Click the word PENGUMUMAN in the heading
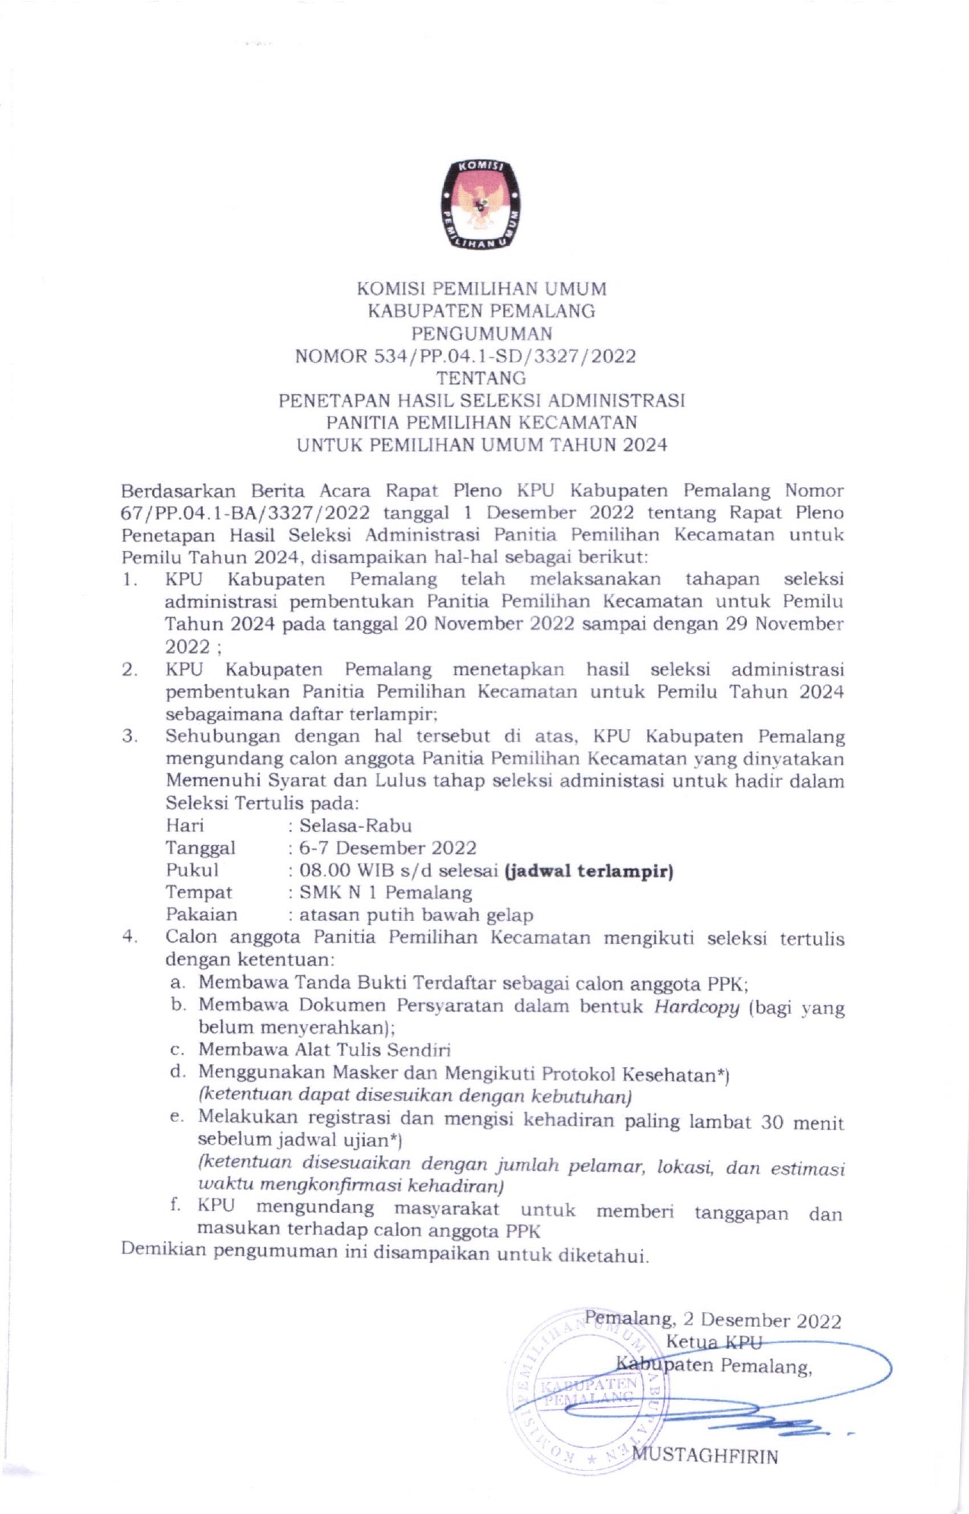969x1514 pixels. pos(482,333)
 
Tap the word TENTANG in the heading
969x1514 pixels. pos(480,378)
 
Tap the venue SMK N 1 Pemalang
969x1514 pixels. pos(385,892)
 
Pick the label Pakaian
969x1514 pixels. pos(201,915)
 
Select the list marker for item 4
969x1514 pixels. pos(129,937)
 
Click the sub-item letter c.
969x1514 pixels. pos(177,1050)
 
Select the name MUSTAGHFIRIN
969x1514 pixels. pos(705,1456)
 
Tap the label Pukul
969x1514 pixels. pos(192,870)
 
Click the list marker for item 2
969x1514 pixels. pos(129,670)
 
